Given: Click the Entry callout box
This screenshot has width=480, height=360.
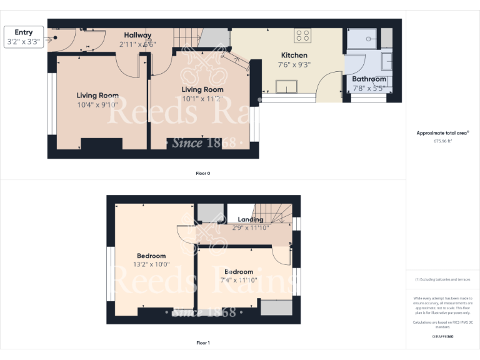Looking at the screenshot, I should point(24,37).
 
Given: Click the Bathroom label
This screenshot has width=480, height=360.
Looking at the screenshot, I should point(369,79).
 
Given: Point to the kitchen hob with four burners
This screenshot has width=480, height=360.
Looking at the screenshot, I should point(302,36).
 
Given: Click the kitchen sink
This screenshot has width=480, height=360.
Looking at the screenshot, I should point(286,87).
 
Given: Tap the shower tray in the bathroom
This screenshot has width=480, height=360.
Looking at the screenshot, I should point(362,40).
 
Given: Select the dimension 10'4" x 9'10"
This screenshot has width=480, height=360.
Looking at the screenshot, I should point(97,104).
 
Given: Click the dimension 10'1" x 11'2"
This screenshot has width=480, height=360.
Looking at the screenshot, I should point(202,99).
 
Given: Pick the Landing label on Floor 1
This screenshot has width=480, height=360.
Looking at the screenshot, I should point(251,219).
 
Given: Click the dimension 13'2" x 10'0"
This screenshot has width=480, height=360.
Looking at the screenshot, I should point(151,264).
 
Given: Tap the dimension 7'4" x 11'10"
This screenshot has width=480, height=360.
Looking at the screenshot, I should point(239,280).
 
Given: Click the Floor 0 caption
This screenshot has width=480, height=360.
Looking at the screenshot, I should point(203,173).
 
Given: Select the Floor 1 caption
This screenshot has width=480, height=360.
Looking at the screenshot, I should point(203,343).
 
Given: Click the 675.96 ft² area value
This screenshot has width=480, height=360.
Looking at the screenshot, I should point(442,141).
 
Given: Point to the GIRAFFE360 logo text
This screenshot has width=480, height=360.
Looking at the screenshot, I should point(442,336).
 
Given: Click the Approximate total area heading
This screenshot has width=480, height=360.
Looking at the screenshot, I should point(442,133).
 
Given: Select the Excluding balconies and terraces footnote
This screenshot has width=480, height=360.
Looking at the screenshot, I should point(442,279).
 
